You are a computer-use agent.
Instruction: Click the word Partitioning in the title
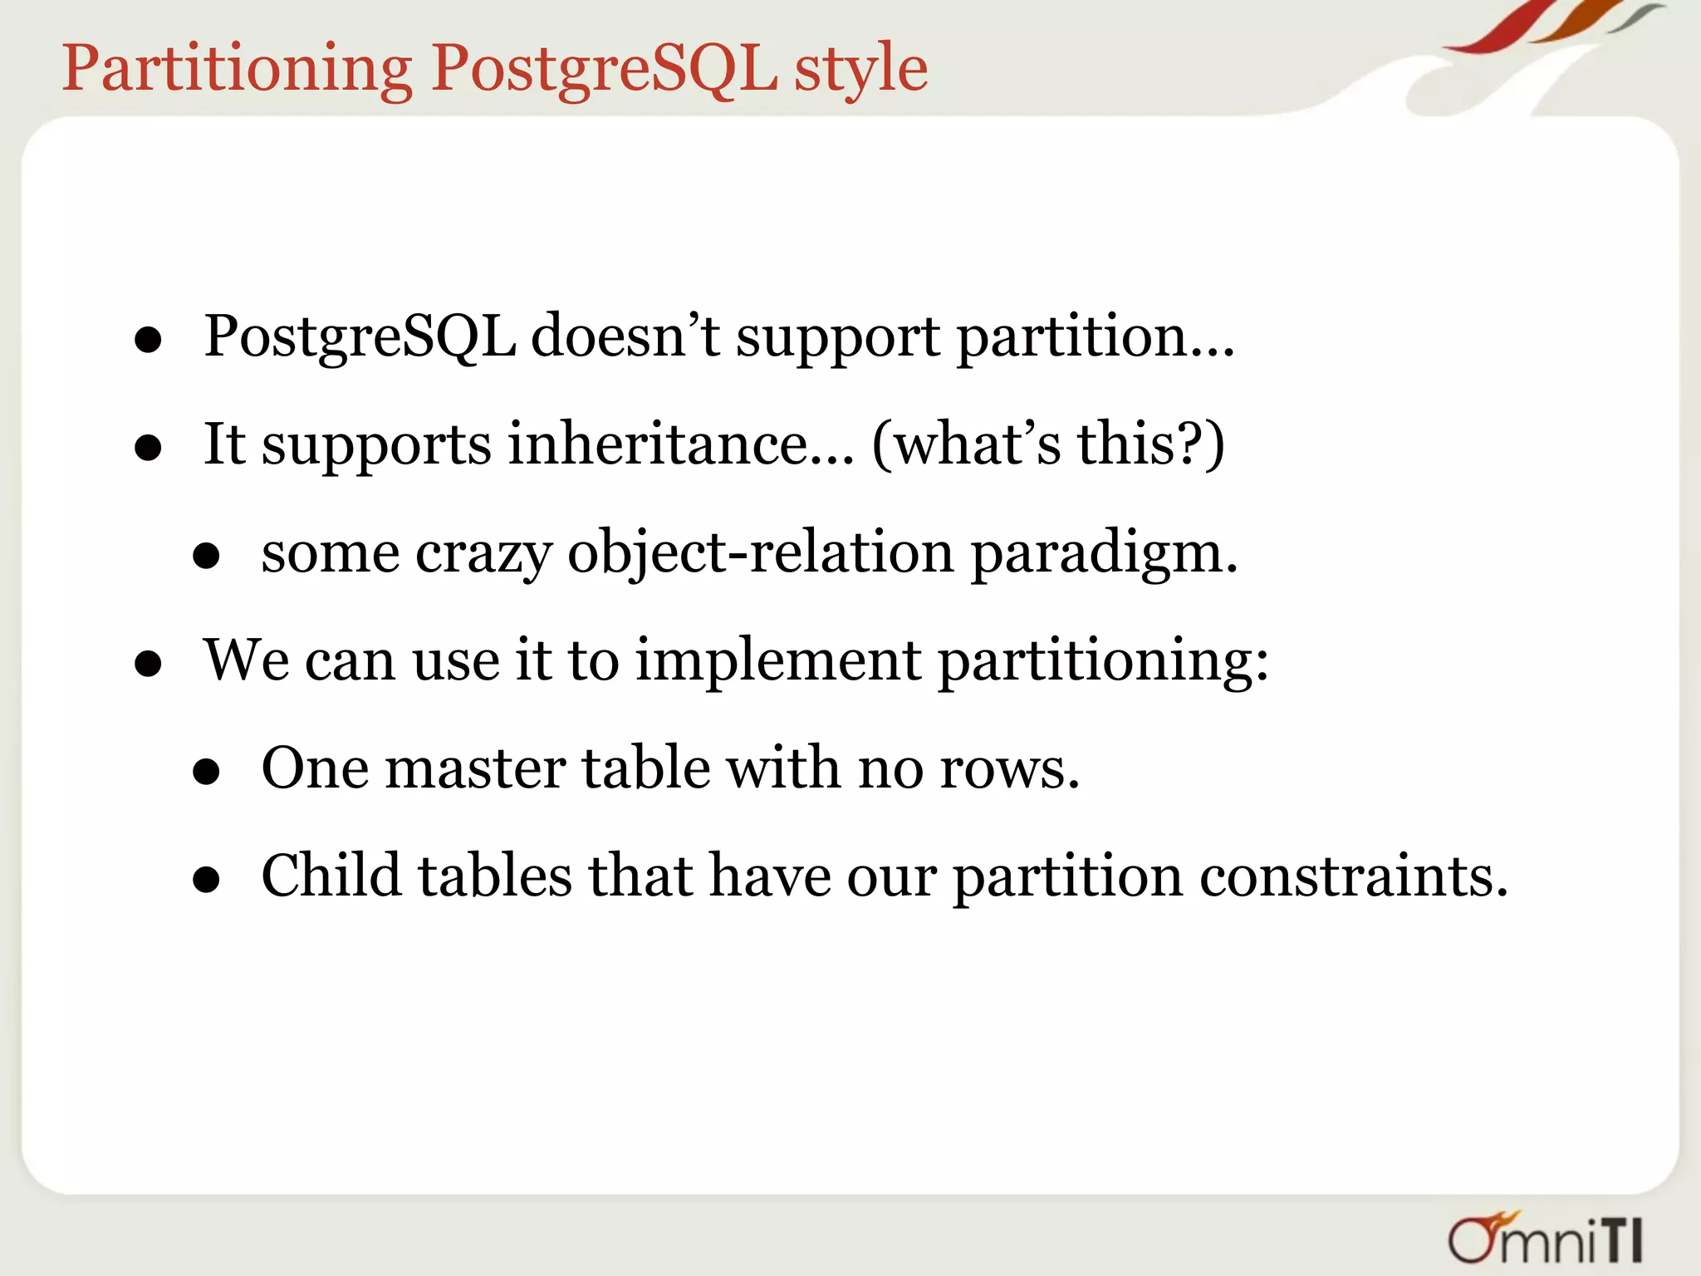coord(237,68)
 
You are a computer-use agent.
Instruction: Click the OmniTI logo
coord(1546,1238)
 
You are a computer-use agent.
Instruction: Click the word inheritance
coord(681,444)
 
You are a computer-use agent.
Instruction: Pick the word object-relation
coord(760,553)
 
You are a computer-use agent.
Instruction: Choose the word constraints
coord(1353,877)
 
